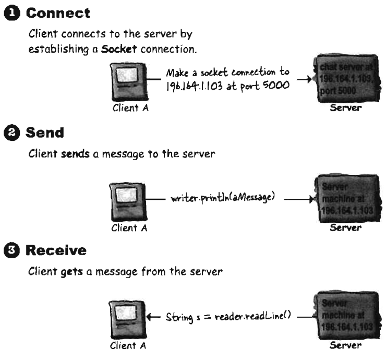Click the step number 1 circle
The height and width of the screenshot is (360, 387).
pos(8,13)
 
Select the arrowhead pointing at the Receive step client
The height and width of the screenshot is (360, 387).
pos(150,317)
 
